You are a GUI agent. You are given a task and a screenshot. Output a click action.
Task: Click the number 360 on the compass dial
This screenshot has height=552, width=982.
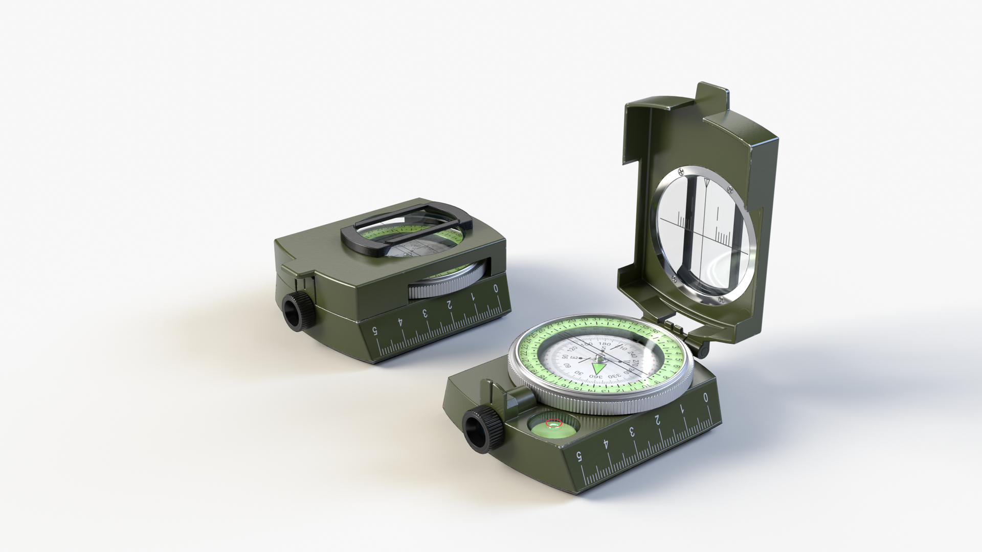(595, 377)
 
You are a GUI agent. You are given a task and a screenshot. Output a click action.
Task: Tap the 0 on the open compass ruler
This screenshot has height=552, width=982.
(706, 397)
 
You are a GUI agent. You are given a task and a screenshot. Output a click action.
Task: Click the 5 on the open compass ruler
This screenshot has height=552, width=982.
(579, 456)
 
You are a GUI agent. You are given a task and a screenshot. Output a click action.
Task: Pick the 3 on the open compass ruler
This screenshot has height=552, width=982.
(632, 431)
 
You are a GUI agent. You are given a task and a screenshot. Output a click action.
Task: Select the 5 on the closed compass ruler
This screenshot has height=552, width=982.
(376, 331)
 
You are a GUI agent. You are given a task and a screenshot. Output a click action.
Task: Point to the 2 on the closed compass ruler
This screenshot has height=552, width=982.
(449, 305)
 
